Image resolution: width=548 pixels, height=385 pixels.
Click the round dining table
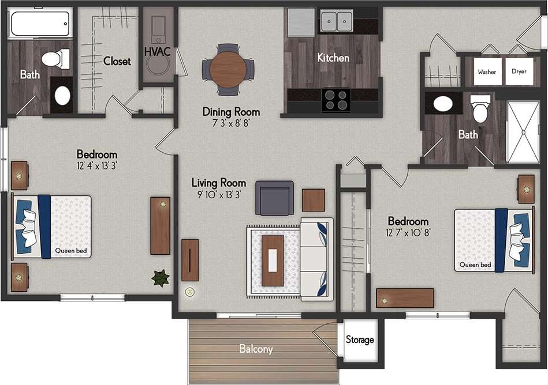click(x=228, y=69)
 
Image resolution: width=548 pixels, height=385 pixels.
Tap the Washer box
click(x=486, y=72)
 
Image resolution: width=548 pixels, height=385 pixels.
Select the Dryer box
click(x=519, y=72)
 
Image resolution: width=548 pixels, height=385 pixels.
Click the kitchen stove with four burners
click(x=335, y=99)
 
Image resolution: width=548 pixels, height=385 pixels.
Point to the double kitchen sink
click(x=337, y=22)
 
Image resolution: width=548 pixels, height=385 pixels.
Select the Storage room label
click(x=360, y=340)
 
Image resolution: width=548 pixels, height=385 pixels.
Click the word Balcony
click(x=256, y=349)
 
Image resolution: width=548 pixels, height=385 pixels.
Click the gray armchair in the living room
click(x=274, y=198)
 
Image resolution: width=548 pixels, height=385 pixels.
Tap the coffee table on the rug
click(x=273, y=261)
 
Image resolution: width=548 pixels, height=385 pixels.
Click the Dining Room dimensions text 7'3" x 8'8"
click(x=230, y=123)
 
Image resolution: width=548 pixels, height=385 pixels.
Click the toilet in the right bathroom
click(x=480, y=108)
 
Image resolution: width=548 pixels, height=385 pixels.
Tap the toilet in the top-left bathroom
click(x=55, y=59)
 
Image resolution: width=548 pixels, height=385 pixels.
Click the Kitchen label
click(x=333, y=58)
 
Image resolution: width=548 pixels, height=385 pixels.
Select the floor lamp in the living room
click(x=189, y=292)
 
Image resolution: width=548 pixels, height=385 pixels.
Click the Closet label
click(x=117, y=61)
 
